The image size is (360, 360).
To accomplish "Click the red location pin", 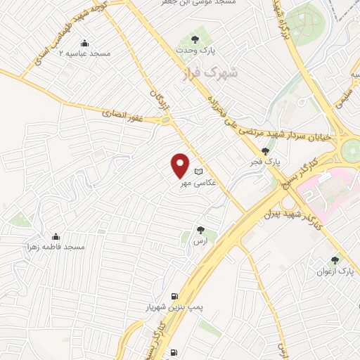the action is pyautogui.click(x=181, y=165).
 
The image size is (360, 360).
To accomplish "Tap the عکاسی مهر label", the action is pyautogui.click(x=195, y=184).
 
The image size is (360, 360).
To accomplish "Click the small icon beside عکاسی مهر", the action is pyautogui.click(x=198, y=171).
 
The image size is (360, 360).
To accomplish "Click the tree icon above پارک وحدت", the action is pyautogui.click(x=195, y=39).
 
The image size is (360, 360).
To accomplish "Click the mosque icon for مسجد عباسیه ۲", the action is pyautogui.click(x=85, y=42).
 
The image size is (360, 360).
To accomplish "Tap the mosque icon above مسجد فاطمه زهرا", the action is pyautogui.click(x=56, y=236).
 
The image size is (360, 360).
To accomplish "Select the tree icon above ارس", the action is pyautogui.click(x=201, y=229).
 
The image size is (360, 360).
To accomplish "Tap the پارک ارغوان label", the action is pyautogui.click(x=333, y=271).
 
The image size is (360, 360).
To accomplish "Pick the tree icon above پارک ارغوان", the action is pyautogui.click(x=335, y=259).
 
